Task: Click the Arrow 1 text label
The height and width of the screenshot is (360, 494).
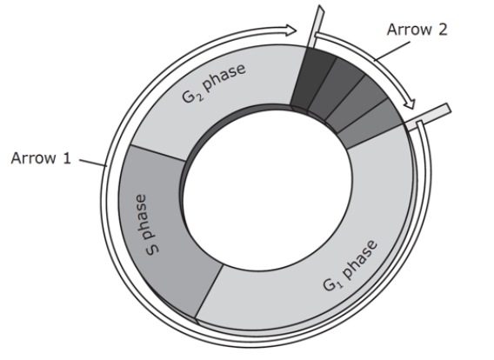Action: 41,157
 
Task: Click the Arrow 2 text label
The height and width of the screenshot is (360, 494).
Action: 417,30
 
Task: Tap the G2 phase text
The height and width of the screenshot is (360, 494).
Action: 214,83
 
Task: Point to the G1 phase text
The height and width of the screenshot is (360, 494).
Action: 350,265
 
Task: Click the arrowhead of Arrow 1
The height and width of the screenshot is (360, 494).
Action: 291,30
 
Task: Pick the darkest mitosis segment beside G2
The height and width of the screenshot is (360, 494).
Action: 312,79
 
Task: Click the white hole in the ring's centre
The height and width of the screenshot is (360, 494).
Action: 267,188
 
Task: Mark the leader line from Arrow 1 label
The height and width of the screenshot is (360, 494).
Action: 92,163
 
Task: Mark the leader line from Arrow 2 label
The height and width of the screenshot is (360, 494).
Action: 392,50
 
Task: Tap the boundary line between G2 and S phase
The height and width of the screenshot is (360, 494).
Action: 157,153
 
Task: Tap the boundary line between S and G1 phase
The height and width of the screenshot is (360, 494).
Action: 209,290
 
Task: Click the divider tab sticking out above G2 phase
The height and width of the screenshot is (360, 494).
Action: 316,26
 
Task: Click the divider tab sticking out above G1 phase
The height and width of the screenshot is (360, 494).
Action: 428,117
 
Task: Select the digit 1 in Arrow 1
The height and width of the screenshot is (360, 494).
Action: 67,157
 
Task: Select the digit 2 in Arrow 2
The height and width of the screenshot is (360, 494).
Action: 443,30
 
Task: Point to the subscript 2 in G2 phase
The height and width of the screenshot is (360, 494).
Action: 200,97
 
